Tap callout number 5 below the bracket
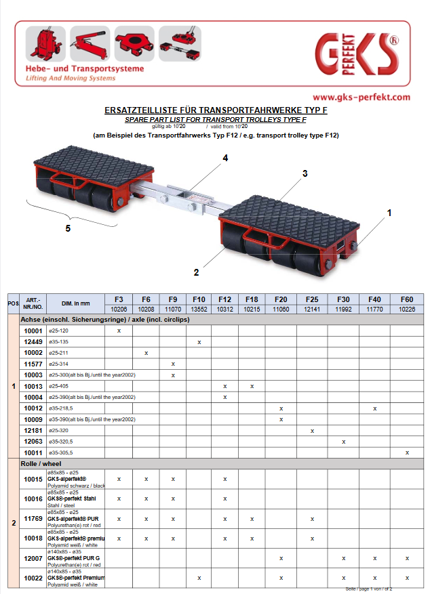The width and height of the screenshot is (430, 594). coord(68,228)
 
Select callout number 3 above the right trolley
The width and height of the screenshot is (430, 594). coord(305,173)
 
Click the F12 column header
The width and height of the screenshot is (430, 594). coord(225,298)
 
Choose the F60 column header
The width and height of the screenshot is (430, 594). coord(407,298)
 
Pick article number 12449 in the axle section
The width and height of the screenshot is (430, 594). coord(33,342)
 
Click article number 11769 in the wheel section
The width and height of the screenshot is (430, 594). coord(33,519)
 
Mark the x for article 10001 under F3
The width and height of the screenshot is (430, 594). coord(119,330)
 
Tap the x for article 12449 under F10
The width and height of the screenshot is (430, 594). coord(199,342)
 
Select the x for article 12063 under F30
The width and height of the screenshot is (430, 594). coord(344,441)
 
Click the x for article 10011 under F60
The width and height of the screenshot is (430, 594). coord(407,452)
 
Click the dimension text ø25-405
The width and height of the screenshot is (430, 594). coord(58,385)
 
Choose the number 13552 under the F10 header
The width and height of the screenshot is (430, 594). coord(199,309)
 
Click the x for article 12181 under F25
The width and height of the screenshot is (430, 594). coord(312,430)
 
